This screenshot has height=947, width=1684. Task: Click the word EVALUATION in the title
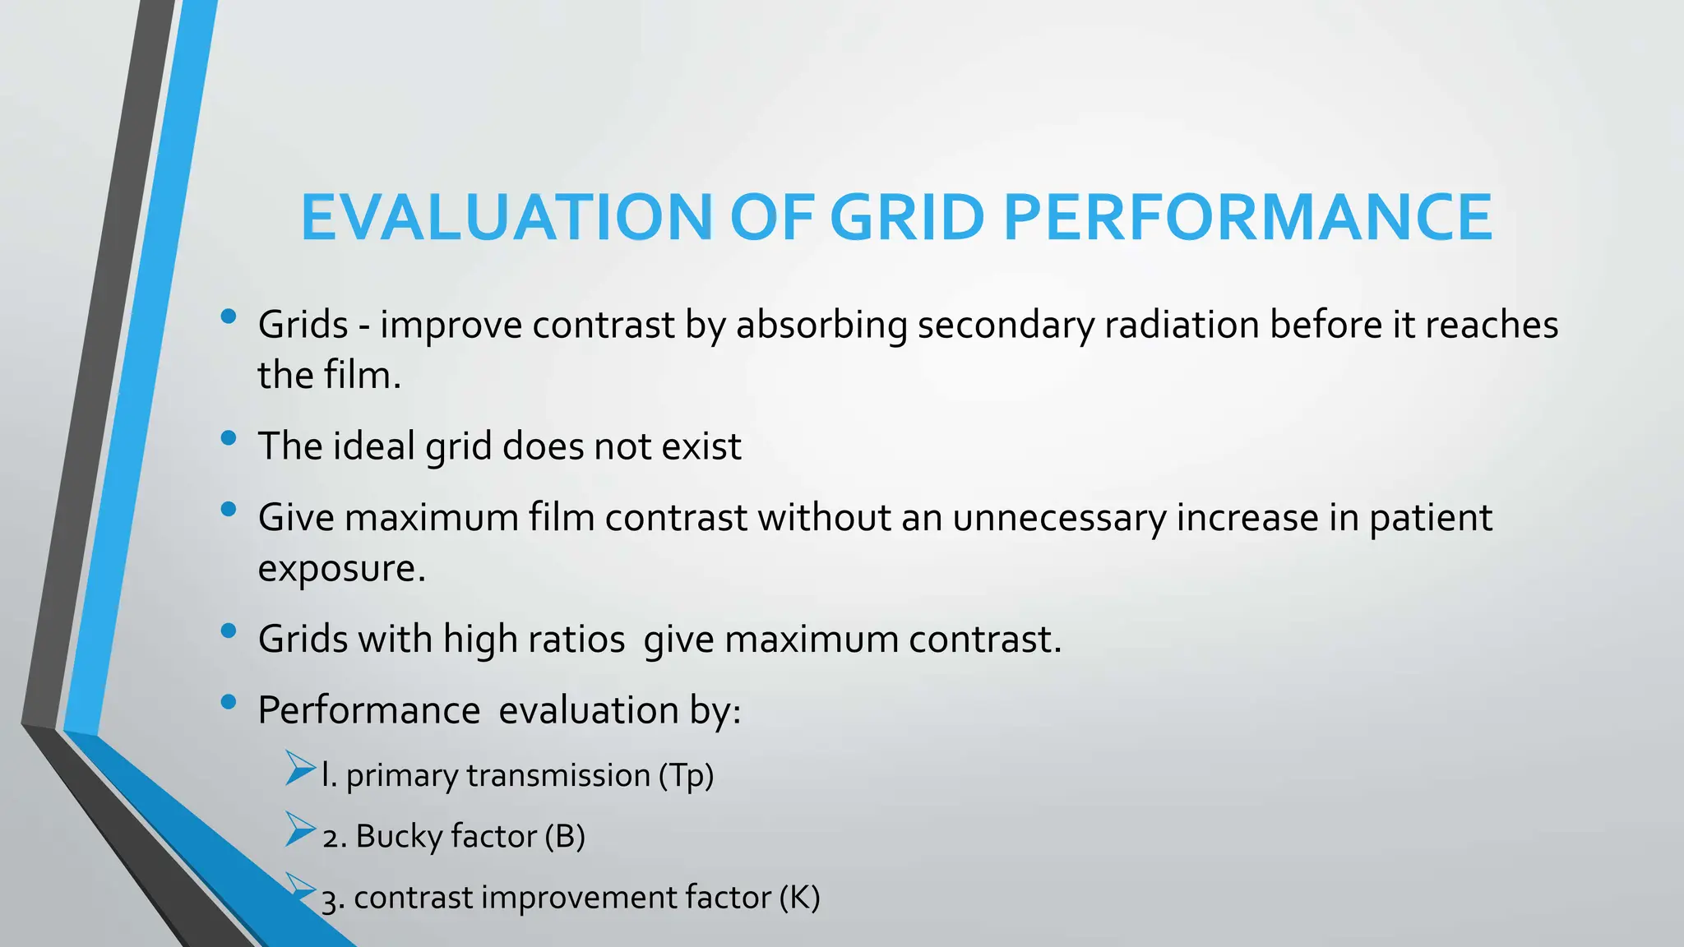506,218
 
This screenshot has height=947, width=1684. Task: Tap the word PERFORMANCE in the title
1247,218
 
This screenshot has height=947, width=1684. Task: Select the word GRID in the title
907,218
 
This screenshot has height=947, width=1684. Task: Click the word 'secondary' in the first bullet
1006,325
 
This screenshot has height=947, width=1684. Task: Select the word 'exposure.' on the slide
341,569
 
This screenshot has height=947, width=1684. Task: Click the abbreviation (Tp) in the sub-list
686,775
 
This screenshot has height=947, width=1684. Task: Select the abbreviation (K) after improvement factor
799,898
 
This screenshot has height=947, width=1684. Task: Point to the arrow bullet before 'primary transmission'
300,768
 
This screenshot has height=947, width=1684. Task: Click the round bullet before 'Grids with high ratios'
229,631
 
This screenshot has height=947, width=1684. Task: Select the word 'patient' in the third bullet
1431,519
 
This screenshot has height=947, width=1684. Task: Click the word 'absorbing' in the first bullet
821,325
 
